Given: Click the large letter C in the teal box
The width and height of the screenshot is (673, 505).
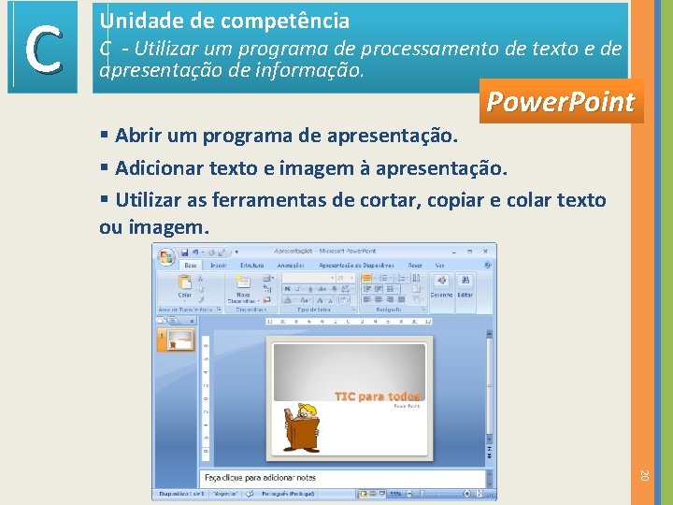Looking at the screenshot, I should click(43, 49).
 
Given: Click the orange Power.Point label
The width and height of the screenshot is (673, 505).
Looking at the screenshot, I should click(560, 102).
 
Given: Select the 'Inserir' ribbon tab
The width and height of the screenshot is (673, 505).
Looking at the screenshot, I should click(218, 266).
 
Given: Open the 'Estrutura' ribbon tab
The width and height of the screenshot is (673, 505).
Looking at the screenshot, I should click(252, 266).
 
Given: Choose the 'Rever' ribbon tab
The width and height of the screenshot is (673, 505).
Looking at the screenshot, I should click(414, 266).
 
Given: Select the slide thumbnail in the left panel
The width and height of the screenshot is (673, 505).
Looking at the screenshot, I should click(179, 340).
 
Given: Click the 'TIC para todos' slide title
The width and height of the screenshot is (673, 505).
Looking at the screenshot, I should click(377, 397).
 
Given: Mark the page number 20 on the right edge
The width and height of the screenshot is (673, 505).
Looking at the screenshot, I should click(644, 476).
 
